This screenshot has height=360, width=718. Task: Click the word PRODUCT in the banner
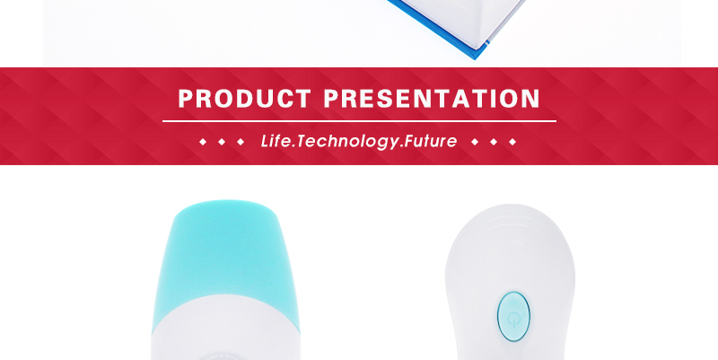[244, 99]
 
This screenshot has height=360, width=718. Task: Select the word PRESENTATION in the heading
[432, 99]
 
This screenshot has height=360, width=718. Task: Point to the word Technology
[347, 142]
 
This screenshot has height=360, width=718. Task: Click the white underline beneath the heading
[360, 121]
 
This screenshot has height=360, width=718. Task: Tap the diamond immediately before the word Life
[241, 142]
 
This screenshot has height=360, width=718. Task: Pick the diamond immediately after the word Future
[475, 142]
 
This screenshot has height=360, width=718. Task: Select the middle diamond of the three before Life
[222, 142]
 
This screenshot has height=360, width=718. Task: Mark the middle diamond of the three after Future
[494, 142]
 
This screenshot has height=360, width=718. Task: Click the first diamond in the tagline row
[203, 142]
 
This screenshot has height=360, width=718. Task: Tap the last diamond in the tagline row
[512, 142]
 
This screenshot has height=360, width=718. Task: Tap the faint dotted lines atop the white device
[512, 221]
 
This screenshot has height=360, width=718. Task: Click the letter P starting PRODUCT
[187, 99]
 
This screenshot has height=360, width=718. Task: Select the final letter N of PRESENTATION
[531, 99]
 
